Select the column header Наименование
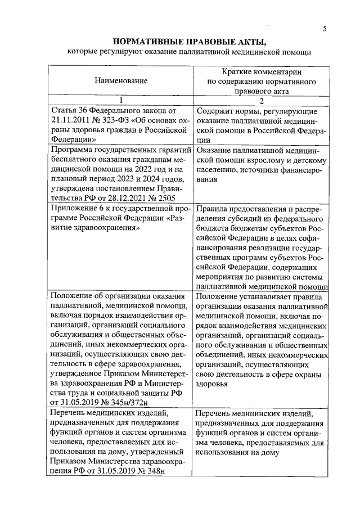pos(120,81)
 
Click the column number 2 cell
pos(260,100)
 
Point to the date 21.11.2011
pos(71,120)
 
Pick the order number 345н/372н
pos(131,402)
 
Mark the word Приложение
pos(74,209)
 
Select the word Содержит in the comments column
pos(216,111)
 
